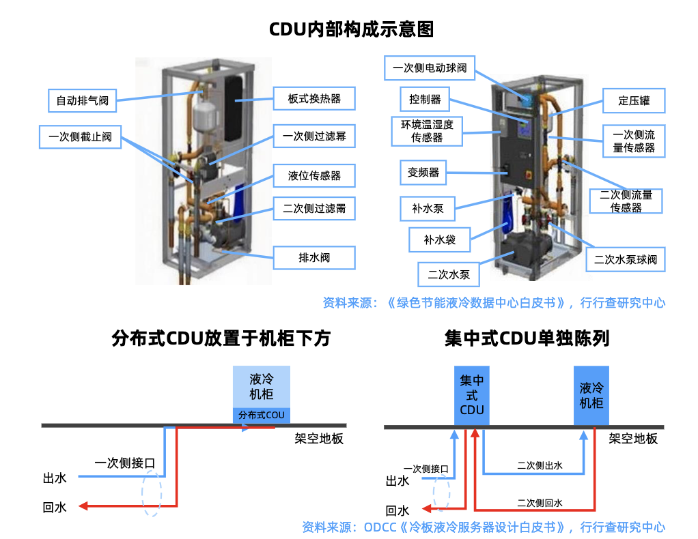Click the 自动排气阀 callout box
pyautogui.click(x=82, y=101)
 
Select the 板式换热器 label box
pyautogui.click(x=314, y=99)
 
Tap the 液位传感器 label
pyautogui.click(x=314, y=175)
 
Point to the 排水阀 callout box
pyautogui.click(x=314, y=258)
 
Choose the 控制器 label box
pyautogui.click(x=425, y=100)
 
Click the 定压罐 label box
pyautogui.click(x=634, y=101)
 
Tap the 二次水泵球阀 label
pyautogui.click(x=625, y=259)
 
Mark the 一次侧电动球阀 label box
pyautogui.click(x=430, y=68)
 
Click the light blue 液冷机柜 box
pyautogui.click(x=262, y=386)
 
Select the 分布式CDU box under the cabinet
pyautogui.click(x=262, y=415)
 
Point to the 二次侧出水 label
pyautogui.click(x=540, y=466)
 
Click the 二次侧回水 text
pyautogui.click(x=540, y=503)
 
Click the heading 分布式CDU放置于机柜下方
pyautogui.click(x=221, y=338)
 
